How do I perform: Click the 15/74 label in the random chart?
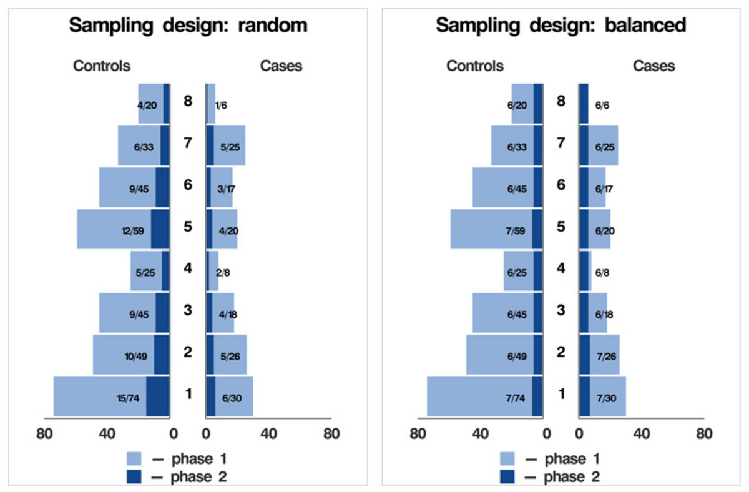[127, 398]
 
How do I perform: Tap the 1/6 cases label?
[220, 106]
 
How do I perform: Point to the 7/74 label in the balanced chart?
[514, 398]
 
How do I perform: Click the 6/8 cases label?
[602, 273]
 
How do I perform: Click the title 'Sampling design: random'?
[188, 26]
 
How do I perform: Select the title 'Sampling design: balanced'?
[561, 26]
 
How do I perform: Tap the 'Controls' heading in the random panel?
[102, 66]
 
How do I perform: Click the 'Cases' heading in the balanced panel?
[654, 66]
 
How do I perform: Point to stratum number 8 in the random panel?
[188, 101]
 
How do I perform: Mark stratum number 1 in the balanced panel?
[561, 394]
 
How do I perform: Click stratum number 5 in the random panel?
[188, 227]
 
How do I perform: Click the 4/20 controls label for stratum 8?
[147, 106]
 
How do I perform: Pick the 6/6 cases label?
[602, 106]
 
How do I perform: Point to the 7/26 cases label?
[604, 357]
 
